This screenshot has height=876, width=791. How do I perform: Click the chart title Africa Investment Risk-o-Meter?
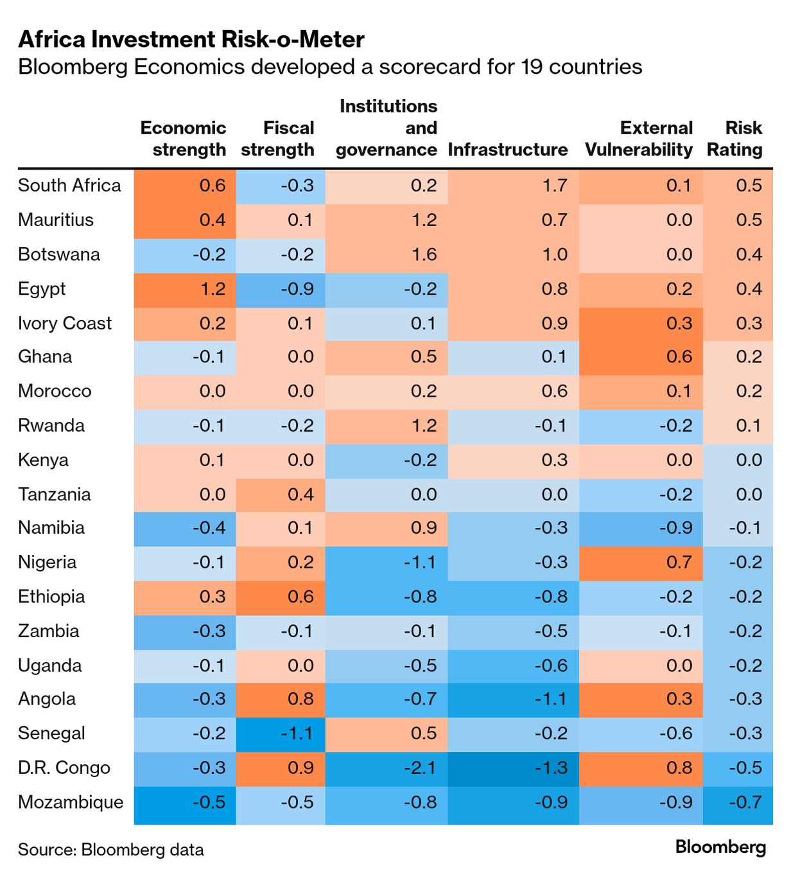pyautogui.click(x=191, y=40)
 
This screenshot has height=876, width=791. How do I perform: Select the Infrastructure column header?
pyautogui.click(x=507, y=150)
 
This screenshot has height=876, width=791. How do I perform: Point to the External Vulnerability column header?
pyautogui.click(x=639, y=139)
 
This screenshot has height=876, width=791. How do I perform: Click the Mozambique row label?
pyautogui.click(x=71, y=802)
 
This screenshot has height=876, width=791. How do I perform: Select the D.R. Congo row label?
pyautogui.click(x=64, y=768)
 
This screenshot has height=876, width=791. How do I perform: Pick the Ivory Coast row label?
pyautogui.click(x=65, y=323)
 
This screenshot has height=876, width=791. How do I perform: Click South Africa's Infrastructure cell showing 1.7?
pyautogui.click(x=512, y=186)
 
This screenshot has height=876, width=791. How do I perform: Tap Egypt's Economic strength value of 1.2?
pyautogui.click(x=185, y=289)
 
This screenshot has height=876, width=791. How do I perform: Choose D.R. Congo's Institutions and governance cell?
pyautogui.click(x=386, y=768)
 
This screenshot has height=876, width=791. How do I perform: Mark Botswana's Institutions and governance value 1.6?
pyautogui.click(x=386, y=254)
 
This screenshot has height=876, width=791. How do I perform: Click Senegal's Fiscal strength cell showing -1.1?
pyautogui.click(x=281, y=733)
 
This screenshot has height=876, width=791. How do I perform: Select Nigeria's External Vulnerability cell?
pyautogui.click(x=641, y=563)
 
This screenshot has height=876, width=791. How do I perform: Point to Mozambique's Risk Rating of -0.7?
pyautogui.click(x=738, y=802)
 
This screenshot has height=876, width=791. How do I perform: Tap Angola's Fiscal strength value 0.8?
pyautogui.click(x=281, y=699)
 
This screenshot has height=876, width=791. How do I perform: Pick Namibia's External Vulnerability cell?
pyautogui.click(x=641, y=528)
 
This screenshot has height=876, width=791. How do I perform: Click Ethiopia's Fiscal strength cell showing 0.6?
pyautogui.click(x=281, y=597)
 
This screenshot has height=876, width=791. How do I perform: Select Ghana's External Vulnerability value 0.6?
pyautogui.click(x=641, y=357)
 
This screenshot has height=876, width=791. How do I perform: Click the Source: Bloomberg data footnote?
pyautogui.click(x=110, y=850)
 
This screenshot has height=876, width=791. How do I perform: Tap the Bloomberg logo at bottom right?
pyautogui.click(x=720, y=848)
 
